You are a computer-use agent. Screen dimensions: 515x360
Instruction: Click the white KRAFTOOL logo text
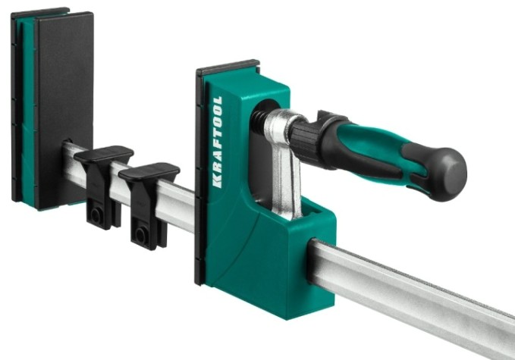pyautogui.click(x=218, y=142)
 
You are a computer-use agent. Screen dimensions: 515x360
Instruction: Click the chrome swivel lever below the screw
pyautogui.click(x=286, y=164)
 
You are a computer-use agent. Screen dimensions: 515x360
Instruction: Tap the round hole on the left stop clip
pyautogui.click(x=96, y=215)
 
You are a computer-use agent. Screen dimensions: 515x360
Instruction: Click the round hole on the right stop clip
pyautogui.click(x=140, y=235)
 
